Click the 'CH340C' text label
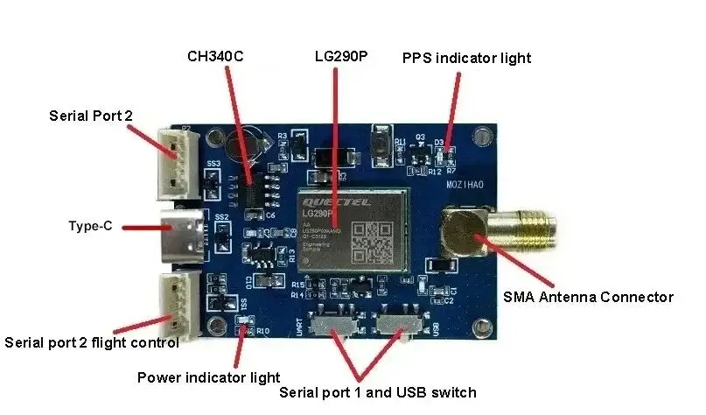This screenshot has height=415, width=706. (215, 57)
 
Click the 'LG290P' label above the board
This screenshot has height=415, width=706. (341, 57)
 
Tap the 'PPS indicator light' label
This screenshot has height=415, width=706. (466, 59)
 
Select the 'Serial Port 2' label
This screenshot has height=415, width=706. (91, 116)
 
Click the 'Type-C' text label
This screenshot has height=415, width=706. (90, 226)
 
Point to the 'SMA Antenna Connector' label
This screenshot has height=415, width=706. (588, 297)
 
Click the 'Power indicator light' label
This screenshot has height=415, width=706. (208, 377)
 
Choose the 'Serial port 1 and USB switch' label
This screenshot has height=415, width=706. (377, 392)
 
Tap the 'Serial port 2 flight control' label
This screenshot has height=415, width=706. (92, 342)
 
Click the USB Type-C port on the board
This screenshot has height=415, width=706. (181, 236)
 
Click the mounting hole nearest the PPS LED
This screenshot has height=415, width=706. (480, 137)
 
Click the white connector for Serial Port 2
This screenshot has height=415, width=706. (178, 163)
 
